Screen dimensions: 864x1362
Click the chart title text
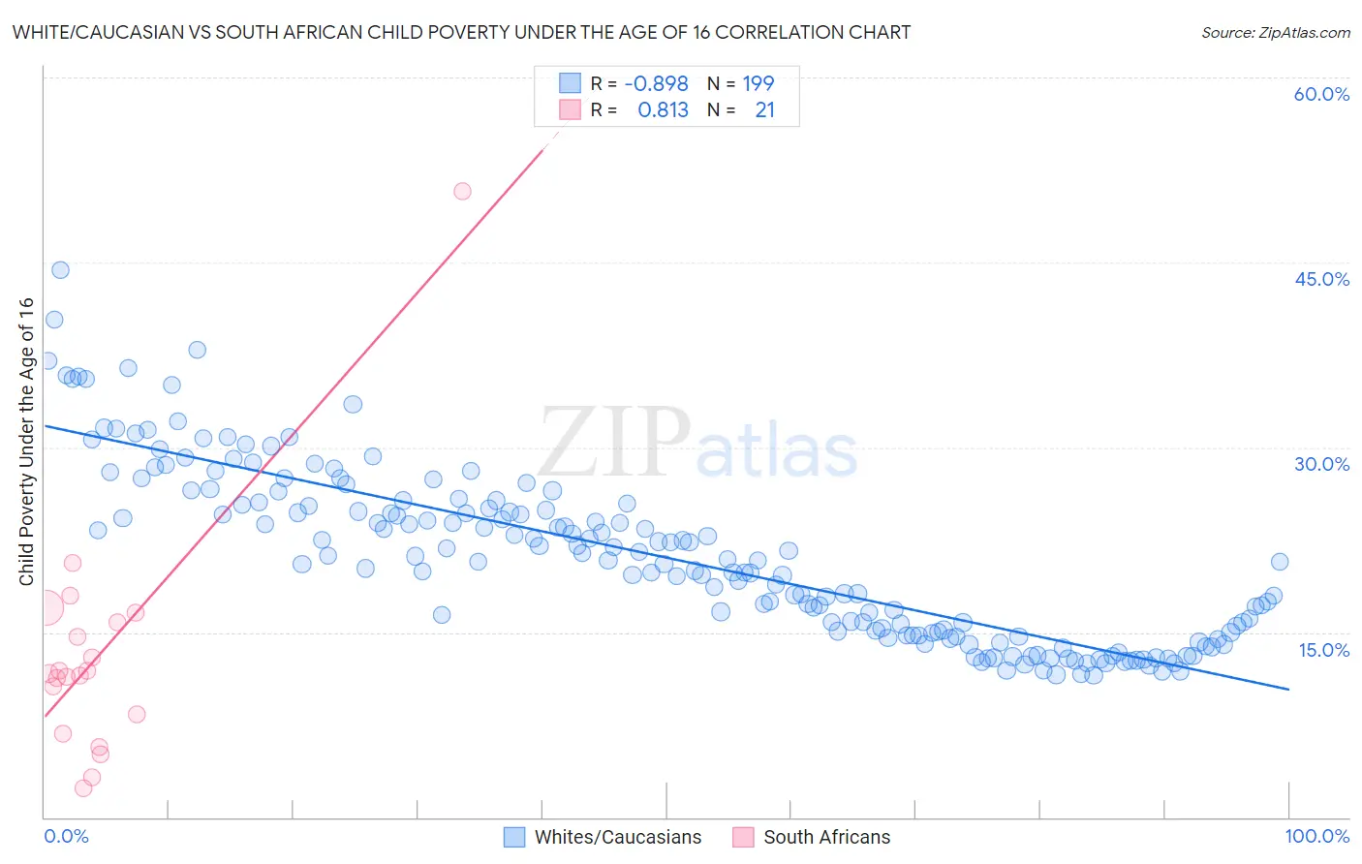[x=461, y=32]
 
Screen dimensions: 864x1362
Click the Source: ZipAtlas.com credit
[x=1275, y=32]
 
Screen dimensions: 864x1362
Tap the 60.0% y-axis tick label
[x=1321, y=94]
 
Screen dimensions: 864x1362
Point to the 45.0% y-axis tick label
[x=1321, y=279]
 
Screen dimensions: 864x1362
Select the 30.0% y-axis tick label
[x=1321, y=464]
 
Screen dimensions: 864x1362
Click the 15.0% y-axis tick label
[x=1323, y=650]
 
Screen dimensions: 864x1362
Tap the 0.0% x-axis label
[x=66, y=836]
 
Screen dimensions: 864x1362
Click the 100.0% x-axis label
[x=1316, y=836]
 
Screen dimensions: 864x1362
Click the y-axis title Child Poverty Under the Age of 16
[x=27, y=442]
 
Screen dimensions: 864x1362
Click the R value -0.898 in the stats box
[x=656, y=84]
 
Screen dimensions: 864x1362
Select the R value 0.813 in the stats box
[x=663, y=110]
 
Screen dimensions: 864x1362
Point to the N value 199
[x=758, y=84]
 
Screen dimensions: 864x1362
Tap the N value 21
[x=764, y=110]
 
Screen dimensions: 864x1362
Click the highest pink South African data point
[x=462, y=191]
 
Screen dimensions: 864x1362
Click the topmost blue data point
[x=60, y=270]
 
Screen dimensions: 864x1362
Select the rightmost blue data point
[x=1280, y=562]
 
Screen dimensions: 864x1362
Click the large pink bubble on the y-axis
[x=46, y=608]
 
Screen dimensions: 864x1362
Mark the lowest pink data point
[x=83, y=788]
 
